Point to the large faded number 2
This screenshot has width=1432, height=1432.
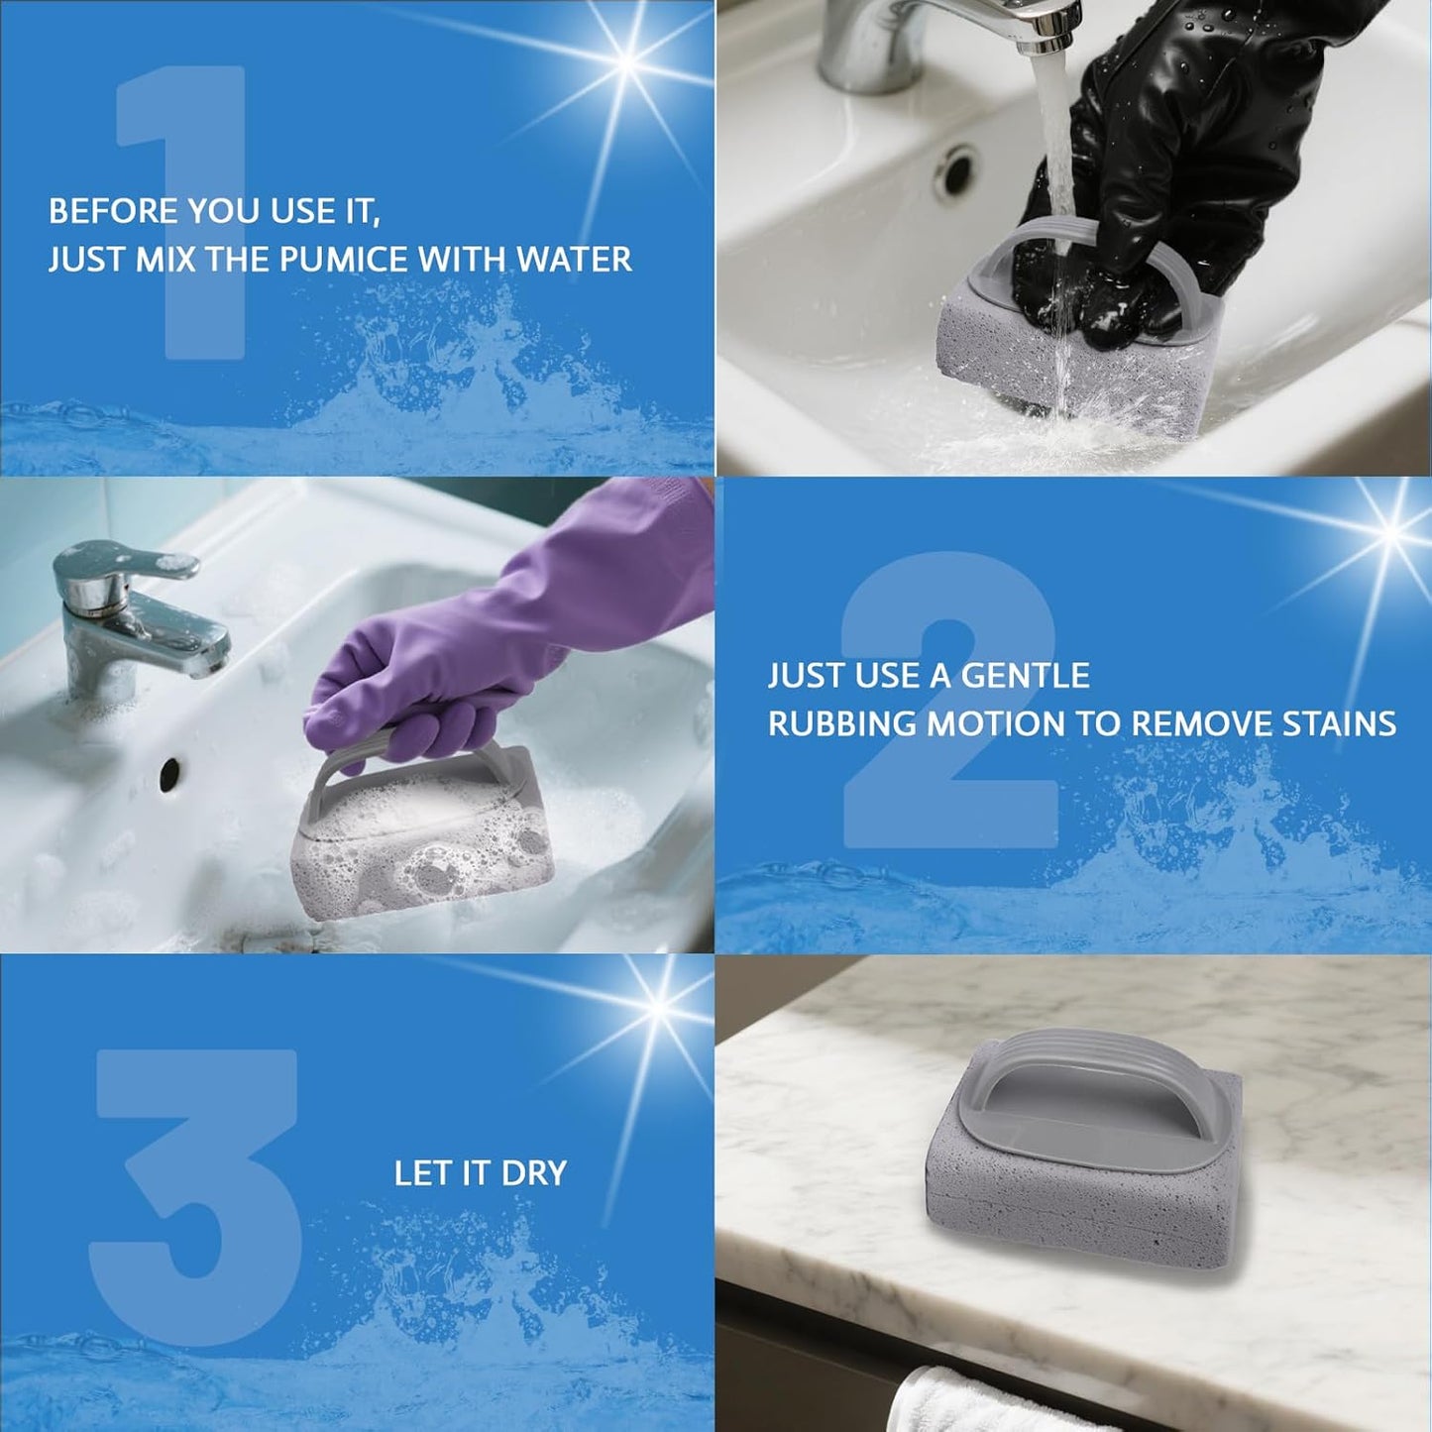(x=948, y=699)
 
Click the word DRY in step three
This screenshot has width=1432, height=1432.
(x=534, y=1173)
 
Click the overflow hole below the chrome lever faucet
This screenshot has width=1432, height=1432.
(x=169, y=774)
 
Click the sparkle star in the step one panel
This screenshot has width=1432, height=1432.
(x=626, y=62)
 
